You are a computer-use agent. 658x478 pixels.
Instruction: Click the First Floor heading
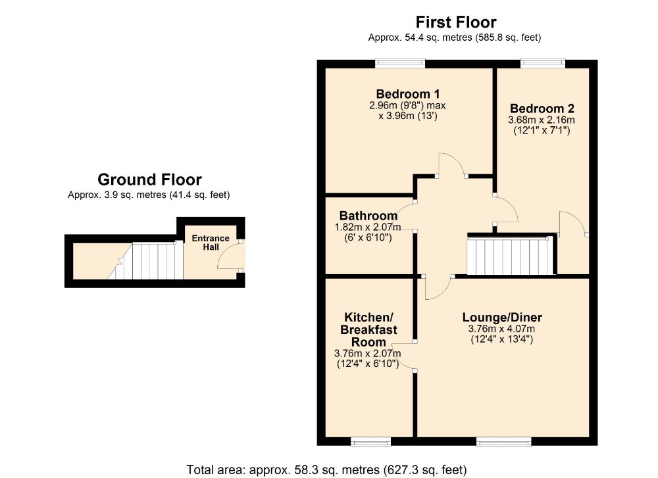coord(456,22)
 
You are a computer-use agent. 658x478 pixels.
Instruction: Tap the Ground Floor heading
coord(149,179)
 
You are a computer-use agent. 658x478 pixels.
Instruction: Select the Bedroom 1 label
coord(407,94)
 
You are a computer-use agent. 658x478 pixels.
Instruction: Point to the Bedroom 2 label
coord(542,108)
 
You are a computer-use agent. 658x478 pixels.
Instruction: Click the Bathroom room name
coord(368,216)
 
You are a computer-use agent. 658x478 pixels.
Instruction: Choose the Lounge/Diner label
coord(502,318)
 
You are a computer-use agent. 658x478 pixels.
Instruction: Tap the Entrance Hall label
coord(211,243)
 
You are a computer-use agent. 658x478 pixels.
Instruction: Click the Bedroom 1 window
coord(400,64)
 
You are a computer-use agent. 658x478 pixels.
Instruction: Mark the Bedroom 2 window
coord(543,64)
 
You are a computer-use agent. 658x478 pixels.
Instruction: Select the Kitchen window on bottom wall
coord(371,441)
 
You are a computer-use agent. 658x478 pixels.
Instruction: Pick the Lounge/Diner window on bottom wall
coord(503,441)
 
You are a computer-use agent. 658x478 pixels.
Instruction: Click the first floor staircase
coord(511,256)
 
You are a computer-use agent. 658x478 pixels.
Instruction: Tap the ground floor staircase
coord(145,260)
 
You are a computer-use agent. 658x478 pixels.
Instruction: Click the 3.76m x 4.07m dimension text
coord(501,329)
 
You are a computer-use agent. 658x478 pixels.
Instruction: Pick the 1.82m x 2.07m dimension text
coord(368,227)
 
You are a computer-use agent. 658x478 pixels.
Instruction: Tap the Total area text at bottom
coord(326,469)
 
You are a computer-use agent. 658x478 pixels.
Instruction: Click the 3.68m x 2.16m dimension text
coord(542,120)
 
